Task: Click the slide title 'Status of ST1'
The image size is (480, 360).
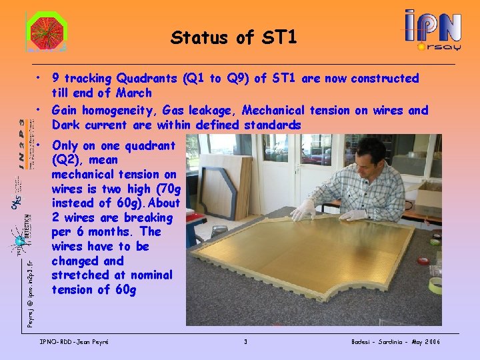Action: (233, 37)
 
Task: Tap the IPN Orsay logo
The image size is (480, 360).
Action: (433, 30)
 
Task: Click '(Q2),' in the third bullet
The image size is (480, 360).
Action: (67, 160)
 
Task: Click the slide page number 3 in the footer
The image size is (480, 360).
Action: (245, 342)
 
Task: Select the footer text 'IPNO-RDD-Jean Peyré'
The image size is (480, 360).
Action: (75, 342)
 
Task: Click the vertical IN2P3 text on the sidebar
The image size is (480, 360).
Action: (23, 143)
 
